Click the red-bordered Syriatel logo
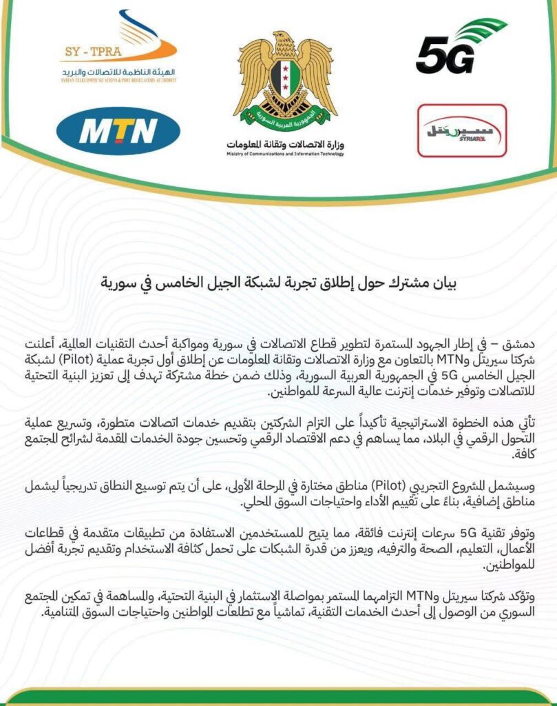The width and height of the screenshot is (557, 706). point(462,130)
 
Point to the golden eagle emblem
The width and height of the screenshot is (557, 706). point(284,77)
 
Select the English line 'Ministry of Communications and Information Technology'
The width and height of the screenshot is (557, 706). point(284,155)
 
